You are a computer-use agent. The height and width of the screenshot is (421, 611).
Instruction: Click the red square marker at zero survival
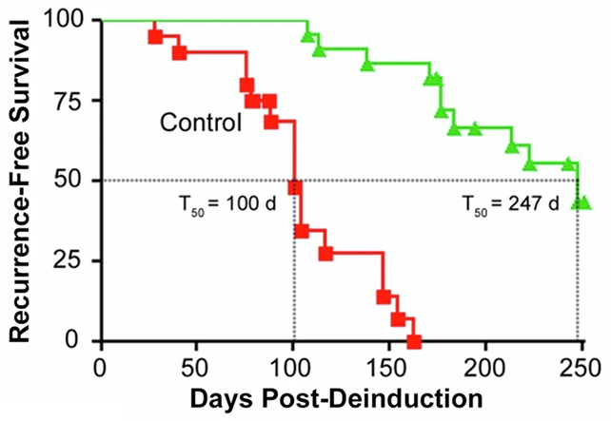click(x=414, y=341)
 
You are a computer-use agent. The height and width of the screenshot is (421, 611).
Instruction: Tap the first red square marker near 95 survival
click(x=155, y=36)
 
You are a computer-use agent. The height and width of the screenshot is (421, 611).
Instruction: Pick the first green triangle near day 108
click(x=307, y=36)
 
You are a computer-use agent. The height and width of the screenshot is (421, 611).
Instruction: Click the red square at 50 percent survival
click(x=295, y=187)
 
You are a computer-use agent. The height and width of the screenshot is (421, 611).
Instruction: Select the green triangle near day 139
click(x=367, y=64)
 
